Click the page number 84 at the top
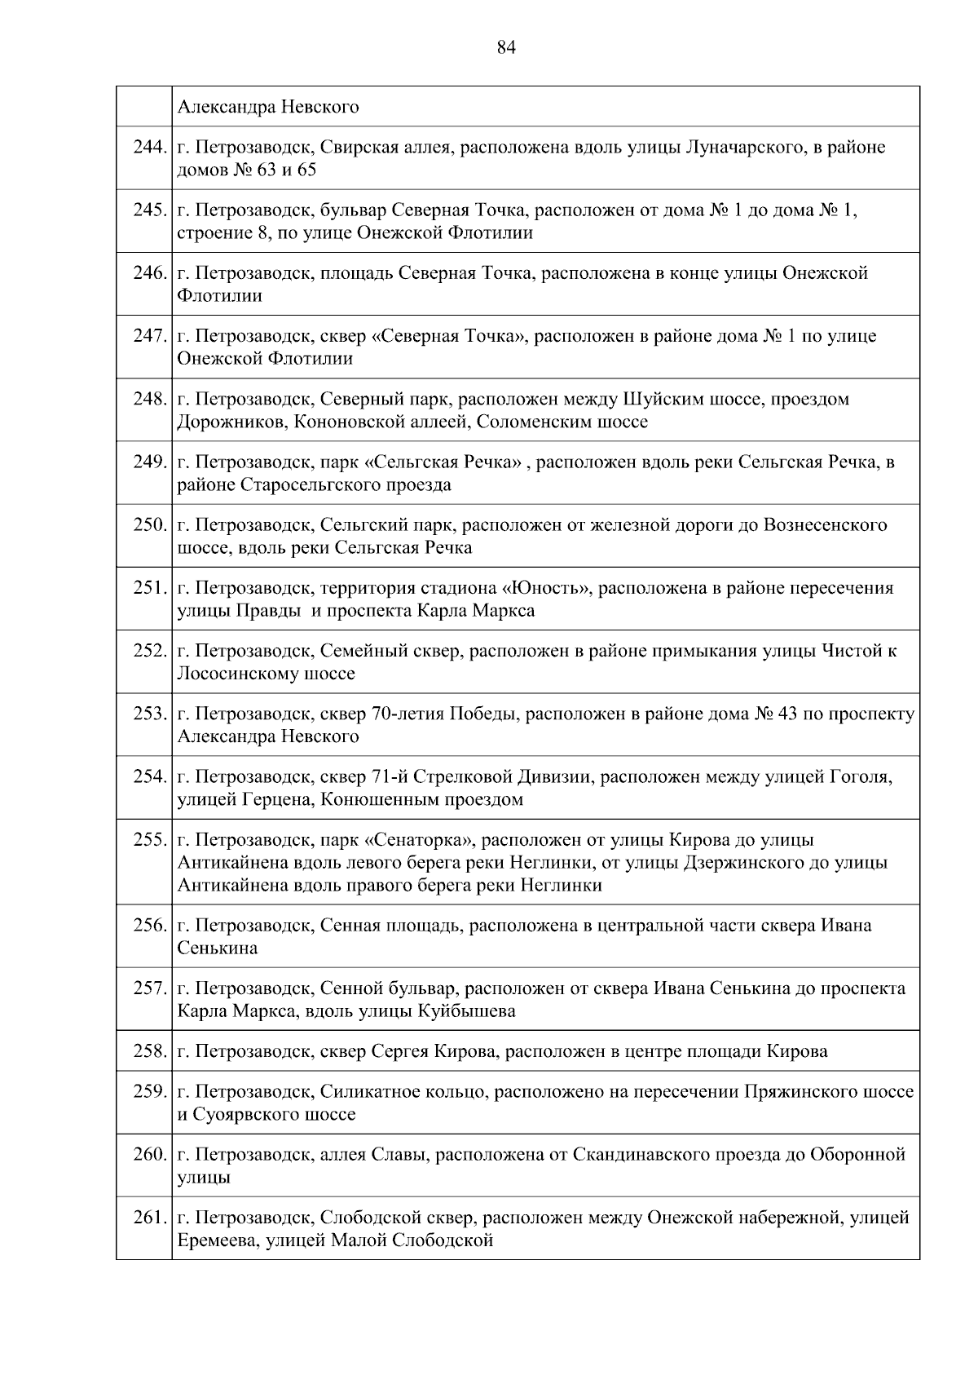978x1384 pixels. click(506, 48)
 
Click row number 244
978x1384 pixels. click(149, 148)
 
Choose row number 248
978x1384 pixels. click(149, 400)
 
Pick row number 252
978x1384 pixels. click(149, 652)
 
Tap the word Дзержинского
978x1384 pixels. click(743, 863)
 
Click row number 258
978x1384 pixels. click(149, 1051)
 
